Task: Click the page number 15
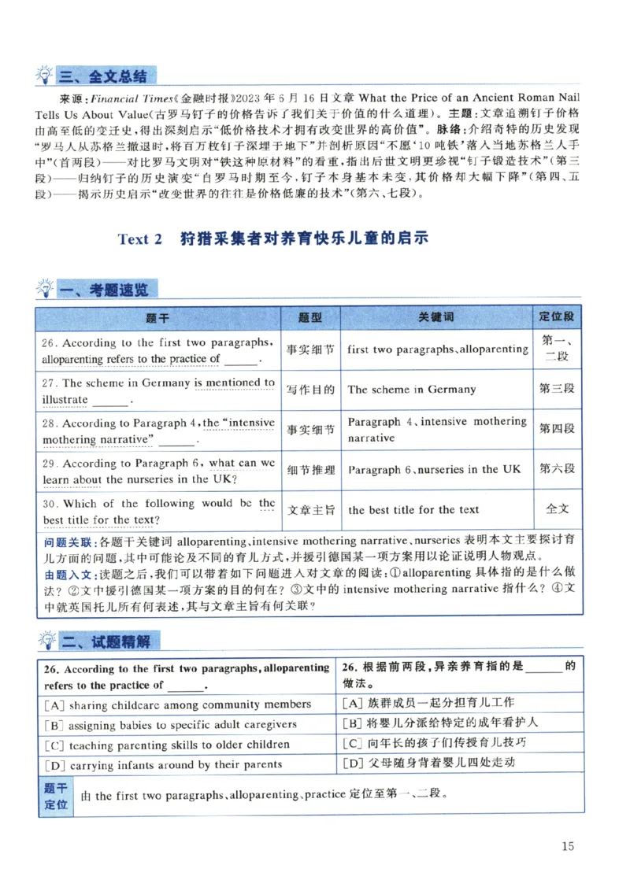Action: pyautogui.click(x=569, y=846)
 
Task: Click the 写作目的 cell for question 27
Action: pyautogui.click(x=310, y=390)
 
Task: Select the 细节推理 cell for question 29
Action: pyautogui.click(x=310, y=470)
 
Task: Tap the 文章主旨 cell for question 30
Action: pyautogui.click(x=310, y=509)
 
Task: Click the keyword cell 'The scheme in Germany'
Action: pyautogui.click(x=412, y=390)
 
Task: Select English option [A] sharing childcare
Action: pyautogui.click(x=179, y=704)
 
